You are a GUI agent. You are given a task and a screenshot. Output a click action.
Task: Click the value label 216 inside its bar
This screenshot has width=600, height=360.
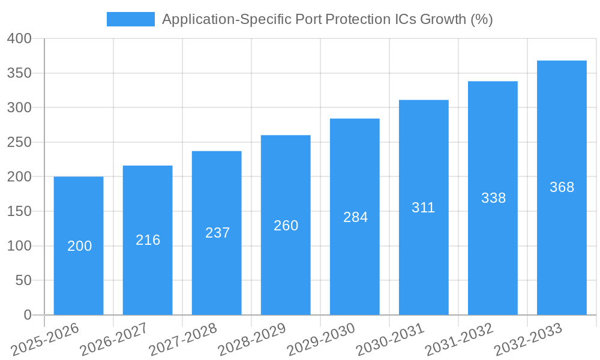(x=148, y=240)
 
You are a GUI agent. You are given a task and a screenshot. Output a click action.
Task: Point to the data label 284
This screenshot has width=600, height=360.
(x=355, y=217)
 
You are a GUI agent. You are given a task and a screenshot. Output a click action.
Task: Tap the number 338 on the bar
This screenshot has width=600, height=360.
(x=493, y=198)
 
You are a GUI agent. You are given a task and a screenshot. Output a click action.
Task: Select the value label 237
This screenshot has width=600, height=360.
(x=217, y=233)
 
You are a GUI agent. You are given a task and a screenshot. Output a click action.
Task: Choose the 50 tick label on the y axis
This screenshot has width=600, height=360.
(x=23, y=281)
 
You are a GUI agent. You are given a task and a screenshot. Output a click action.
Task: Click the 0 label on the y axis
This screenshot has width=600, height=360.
(x=27, y=315)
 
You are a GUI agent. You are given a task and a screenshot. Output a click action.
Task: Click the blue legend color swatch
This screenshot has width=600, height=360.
(x=130, y=19)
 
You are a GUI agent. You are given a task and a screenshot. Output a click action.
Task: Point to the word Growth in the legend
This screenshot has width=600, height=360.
(x=443, y=19)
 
